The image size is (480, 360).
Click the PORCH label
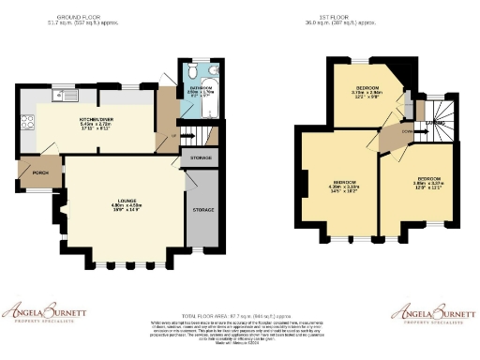pos(39,172)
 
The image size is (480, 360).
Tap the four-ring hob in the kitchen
pos(26,121)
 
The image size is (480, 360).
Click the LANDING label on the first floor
pos(436,122)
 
